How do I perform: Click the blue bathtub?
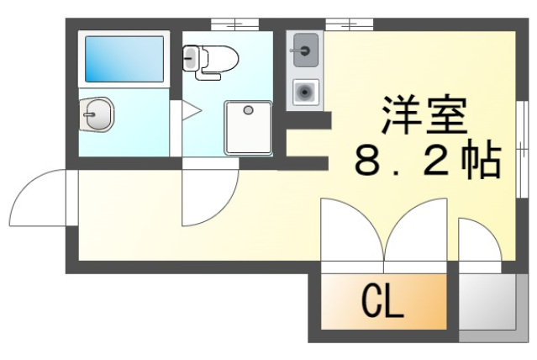(124, 57)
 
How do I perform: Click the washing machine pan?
(248, 127)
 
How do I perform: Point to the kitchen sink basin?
(305, 51)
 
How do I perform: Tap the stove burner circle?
(305, 92)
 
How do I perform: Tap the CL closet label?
(382, 299)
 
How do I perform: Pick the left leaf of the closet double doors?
(351, 229)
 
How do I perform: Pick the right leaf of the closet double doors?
(415, 229)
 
